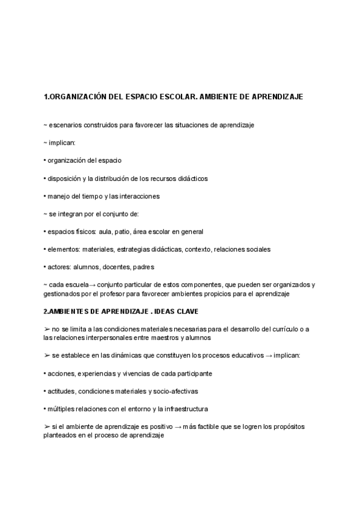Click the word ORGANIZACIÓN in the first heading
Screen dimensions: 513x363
tap(77, 97)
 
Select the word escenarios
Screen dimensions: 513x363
tap(65, 125)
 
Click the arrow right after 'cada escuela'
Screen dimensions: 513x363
tap(91, 285)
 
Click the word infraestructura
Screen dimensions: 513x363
tap(170, 408)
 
